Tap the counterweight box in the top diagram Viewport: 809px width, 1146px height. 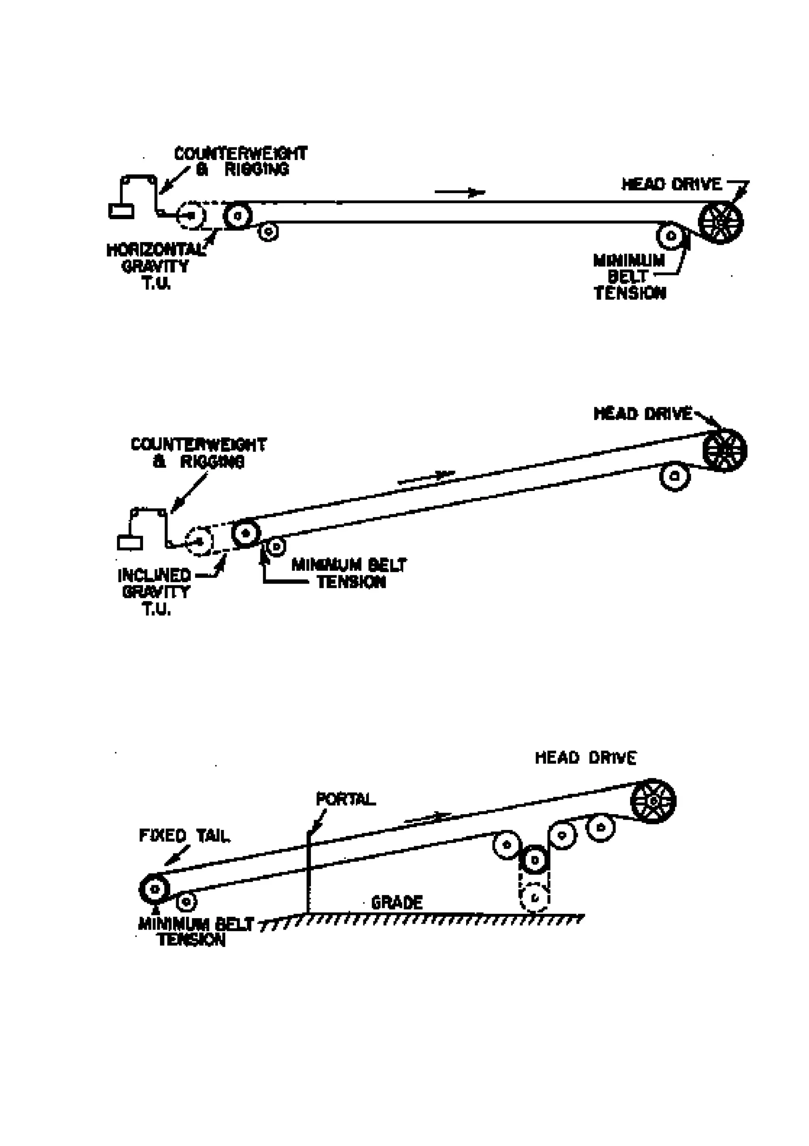(121, 211)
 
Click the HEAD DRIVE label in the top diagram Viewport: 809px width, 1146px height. (671, 184)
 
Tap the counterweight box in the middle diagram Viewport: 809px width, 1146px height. (130, 542)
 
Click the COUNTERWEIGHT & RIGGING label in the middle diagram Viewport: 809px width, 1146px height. (199, 453)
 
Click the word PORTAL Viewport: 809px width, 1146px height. (345, 799)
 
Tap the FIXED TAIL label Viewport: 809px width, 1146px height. (184, 836)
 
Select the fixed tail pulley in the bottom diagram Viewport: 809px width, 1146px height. (154, 888)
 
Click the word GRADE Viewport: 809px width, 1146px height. (397, 902)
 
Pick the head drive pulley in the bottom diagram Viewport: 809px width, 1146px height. (653, 801)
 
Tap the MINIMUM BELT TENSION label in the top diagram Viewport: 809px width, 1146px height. (629, 277)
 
